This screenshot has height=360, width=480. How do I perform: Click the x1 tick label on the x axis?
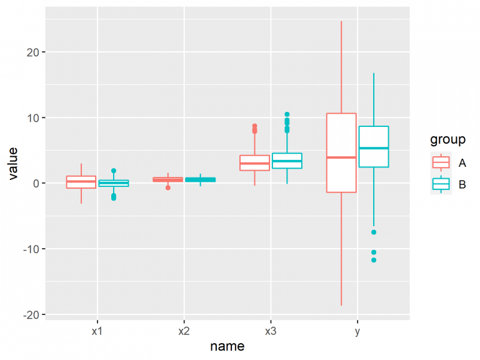pos(96,331)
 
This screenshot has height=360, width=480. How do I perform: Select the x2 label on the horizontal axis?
pos(183,331)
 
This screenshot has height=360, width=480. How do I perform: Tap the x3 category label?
pos(270,331)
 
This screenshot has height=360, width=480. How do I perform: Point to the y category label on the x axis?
pos(357,331)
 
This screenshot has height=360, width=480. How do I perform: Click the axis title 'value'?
pos(13,164)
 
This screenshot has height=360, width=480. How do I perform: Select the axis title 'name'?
pos(227,346)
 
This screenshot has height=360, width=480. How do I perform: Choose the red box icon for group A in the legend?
pos(441,162)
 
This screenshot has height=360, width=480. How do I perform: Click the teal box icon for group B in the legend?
pos(441,184)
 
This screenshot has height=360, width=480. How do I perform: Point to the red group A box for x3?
pos(254,162)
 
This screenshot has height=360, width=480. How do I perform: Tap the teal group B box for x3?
pos(287,161)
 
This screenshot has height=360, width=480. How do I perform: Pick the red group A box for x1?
pos(81,182)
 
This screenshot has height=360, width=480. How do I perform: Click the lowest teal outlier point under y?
pos(374,260)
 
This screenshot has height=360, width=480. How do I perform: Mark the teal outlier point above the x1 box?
pos(114,171)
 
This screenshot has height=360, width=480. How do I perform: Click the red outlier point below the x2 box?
pos(168,187)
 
